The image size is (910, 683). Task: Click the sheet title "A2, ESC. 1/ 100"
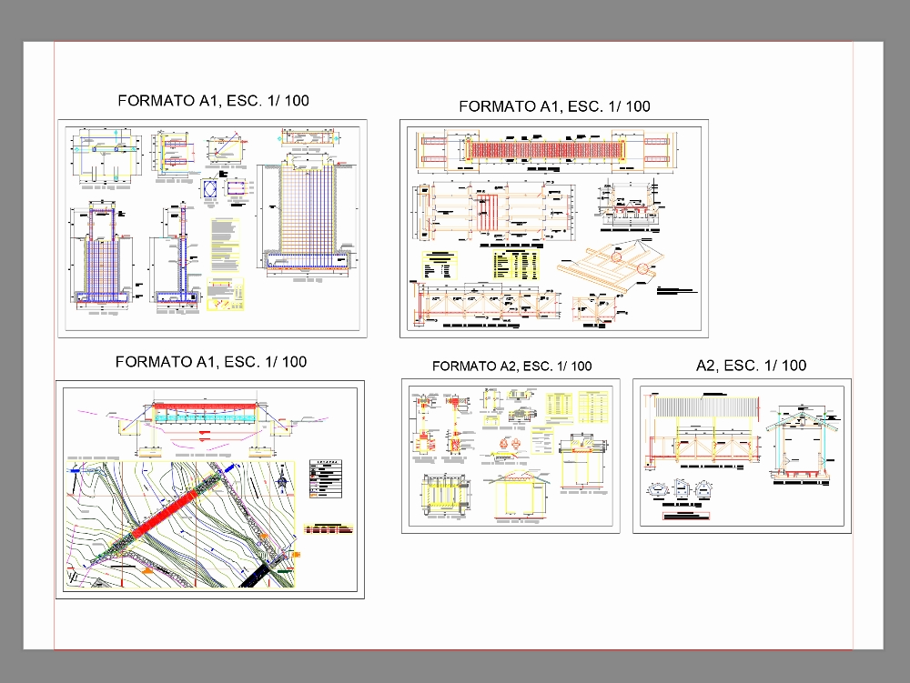click(x=751, y=366)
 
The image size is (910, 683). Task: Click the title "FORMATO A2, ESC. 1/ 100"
click(x=511, y=367)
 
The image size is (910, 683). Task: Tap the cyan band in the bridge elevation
click(x=204, y=414)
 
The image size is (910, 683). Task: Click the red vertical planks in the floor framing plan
click(x=489, y=213)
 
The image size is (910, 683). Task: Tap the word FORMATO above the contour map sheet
click(x=152, y=362)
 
